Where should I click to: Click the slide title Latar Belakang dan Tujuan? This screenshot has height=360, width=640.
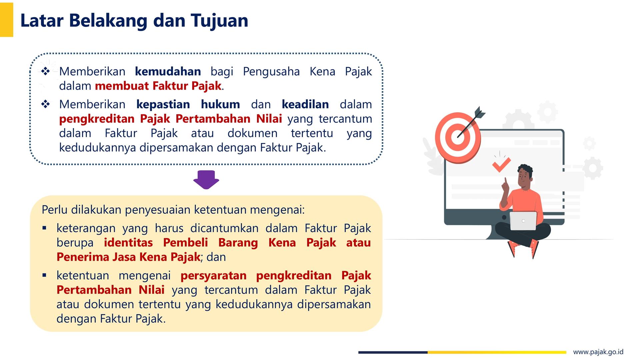[x=134, y=21]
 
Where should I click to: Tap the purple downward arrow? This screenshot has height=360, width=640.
[x=206, y=180]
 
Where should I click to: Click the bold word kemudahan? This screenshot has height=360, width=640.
[x=168, y=71]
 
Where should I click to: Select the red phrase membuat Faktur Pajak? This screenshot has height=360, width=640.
[x=158, y=86]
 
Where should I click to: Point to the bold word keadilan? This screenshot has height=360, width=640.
[x=305, y=104]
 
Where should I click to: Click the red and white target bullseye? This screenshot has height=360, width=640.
[x=458, y=137]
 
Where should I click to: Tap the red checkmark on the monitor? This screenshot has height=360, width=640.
[x=501, y=164]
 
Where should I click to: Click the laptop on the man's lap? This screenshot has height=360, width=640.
[x=523, y=221]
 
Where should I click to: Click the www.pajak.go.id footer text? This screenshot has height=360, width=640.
[x=598, y=352]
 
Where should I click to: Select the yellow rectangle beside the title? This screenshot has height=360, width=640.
[x=6, y=20]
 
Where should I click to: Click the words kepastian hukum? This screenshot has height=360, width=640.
[x=188, y=105]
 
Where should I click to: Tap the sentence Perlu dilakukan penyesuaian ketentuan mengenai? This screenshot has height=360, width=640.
[x=173, y=210]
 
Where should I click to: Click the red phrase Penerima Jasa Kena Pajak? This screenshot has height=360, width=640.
[x=128, y=257]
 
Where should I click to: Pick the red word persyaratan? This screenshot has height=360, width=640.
[x=214, y=276]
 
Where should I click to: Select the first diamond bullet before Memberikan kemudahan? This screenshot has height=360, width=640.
[x=45, y=71]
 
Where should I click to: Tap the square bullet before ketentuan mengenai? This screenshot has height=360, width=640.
[x=44, y=275]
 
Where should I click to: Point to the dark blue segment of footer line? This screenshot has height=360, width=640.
[x=393, y=352]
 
